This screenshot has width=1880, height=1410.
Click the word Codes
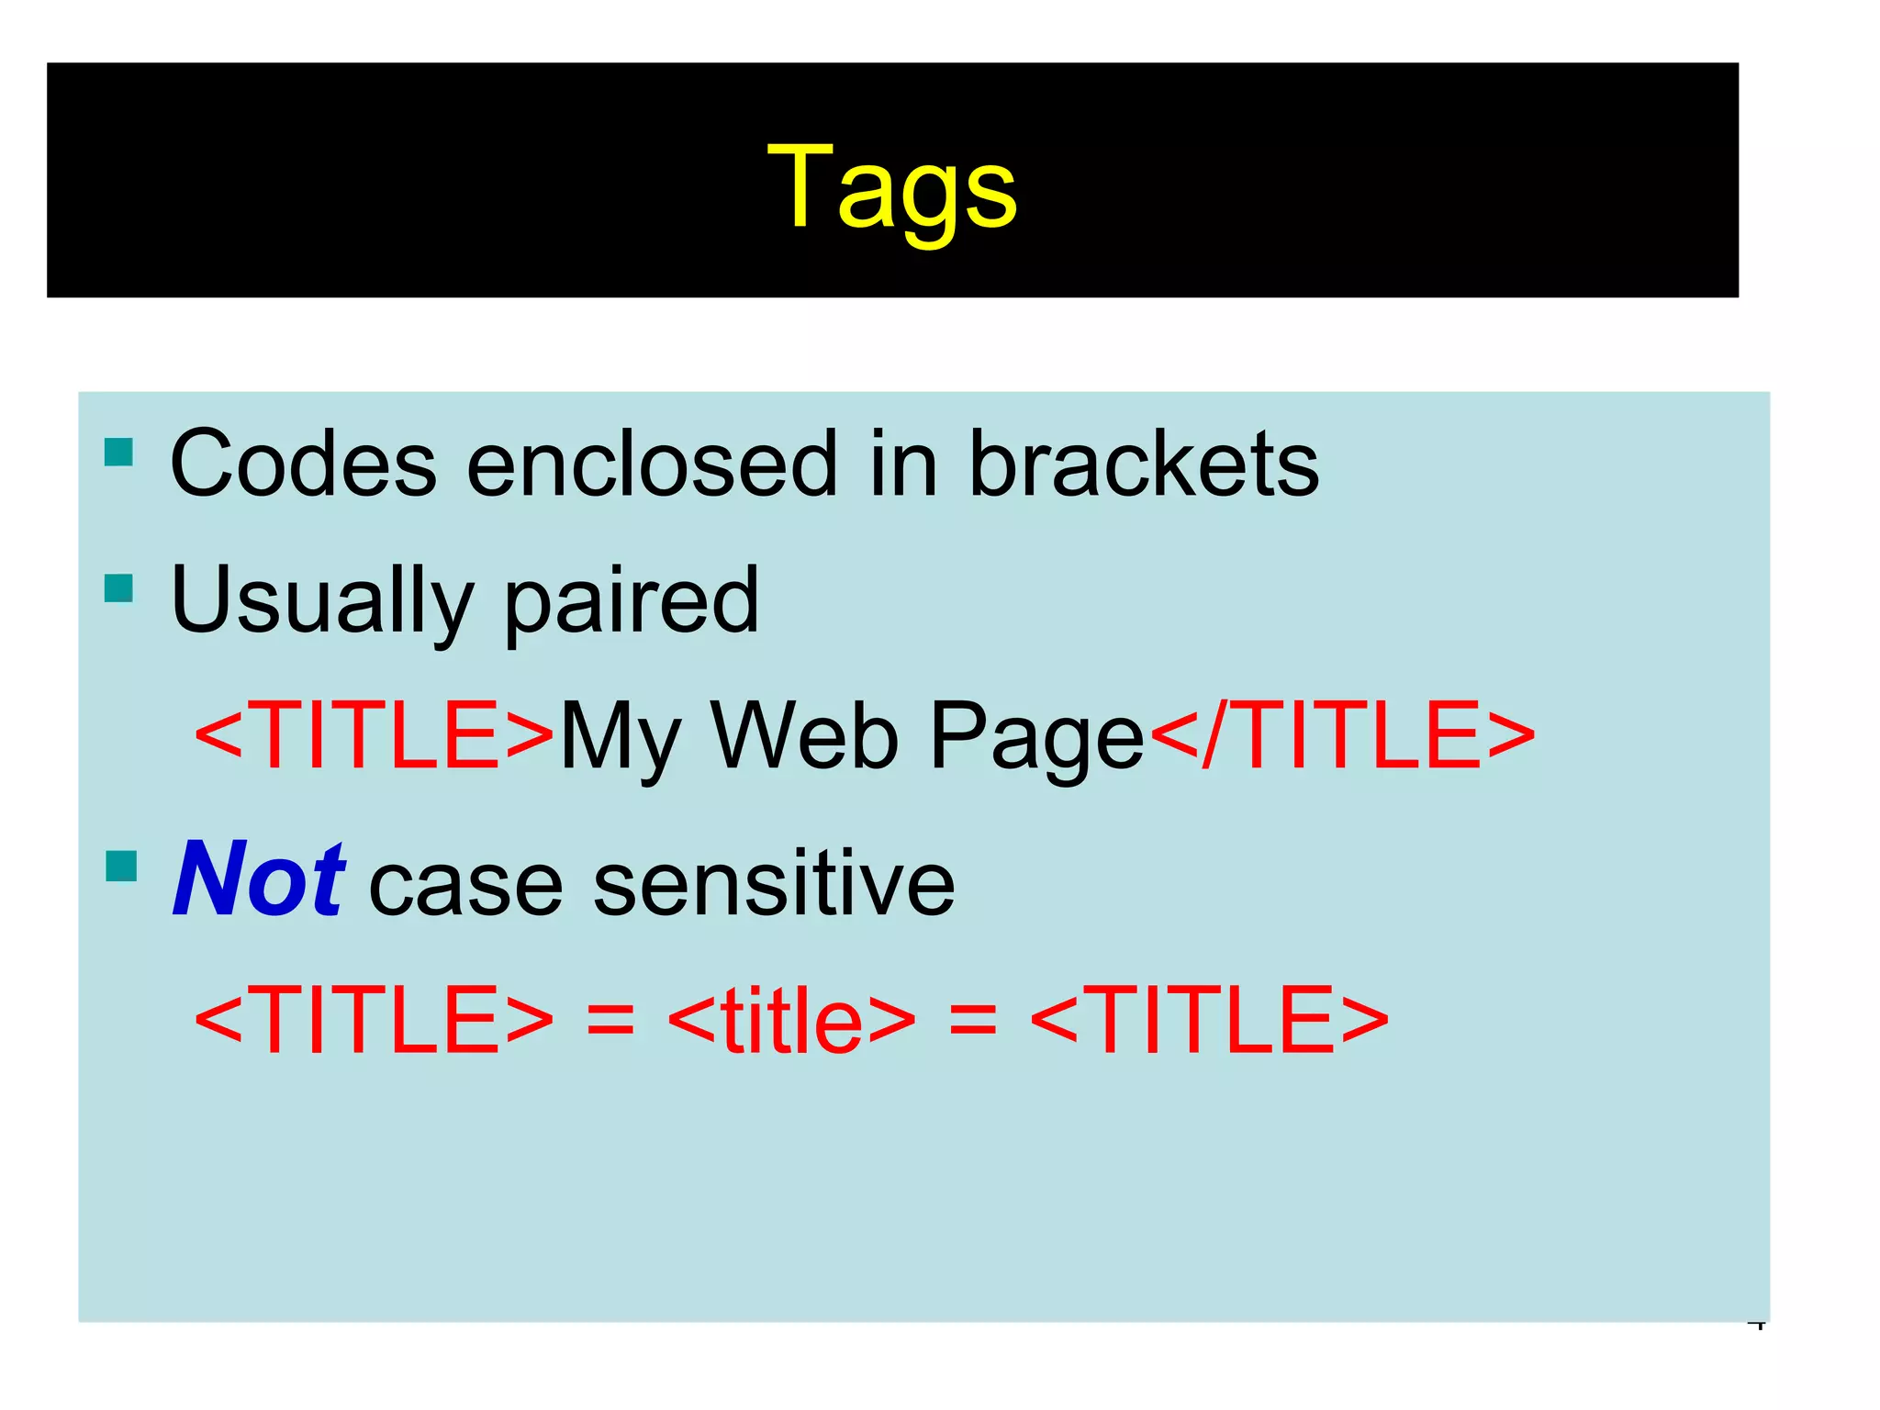click(303, 464)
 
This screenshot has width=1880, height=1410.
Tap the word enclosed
click(652, 464)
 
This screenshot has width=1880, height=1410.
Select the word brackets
click(1144, 464)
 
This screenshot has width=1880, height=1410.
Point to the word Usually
click(321, 602)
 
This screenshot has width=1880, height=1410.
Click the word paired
click(632, 602)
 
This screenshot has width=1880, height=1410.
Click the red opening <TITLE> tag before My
click(375, 736)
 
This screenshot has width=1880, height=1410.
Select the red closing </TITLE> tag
click(1342, 736)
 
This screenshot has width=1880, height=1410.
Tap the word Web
click(804, 736)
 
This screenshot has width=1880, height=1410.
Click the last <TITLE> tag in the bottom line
click(1209, 1019)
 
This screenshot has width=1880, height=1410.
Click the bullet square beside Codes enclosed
click(119, 453)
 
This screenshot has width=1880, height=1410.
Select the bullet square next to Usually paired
click(119, 588)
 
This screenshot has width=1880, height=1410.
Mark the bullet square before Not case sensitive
click(121, 866)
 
